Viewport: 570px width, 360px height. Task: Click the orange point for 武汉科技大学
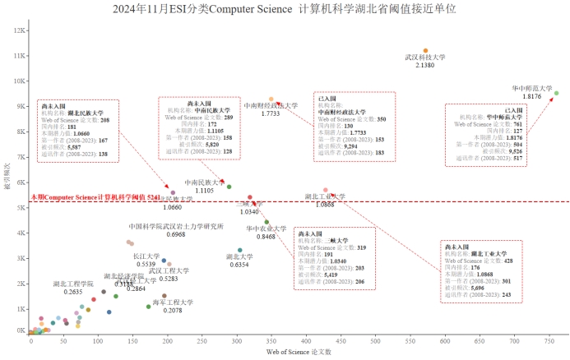click(425, 51)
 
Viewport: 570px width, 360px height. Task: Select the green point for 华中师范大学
click(556, 93)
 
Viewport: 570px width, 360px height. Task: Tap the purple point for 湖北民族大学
click(172, 192)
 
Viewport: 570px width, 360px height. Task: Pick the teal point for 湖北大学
click(239, 250)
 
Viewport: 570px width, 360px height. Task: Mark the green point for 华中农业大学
click(266, 222)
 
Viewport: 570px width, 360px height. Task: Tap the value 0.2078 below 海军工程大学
click(173, 311)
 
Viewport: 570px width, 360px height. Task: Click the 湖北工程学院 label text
click(73, 284)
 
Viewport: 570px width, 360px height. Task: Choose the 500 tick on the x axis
click(375, 339)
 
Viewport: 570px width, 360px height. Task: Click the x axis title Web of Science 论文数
click(299, 352)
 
